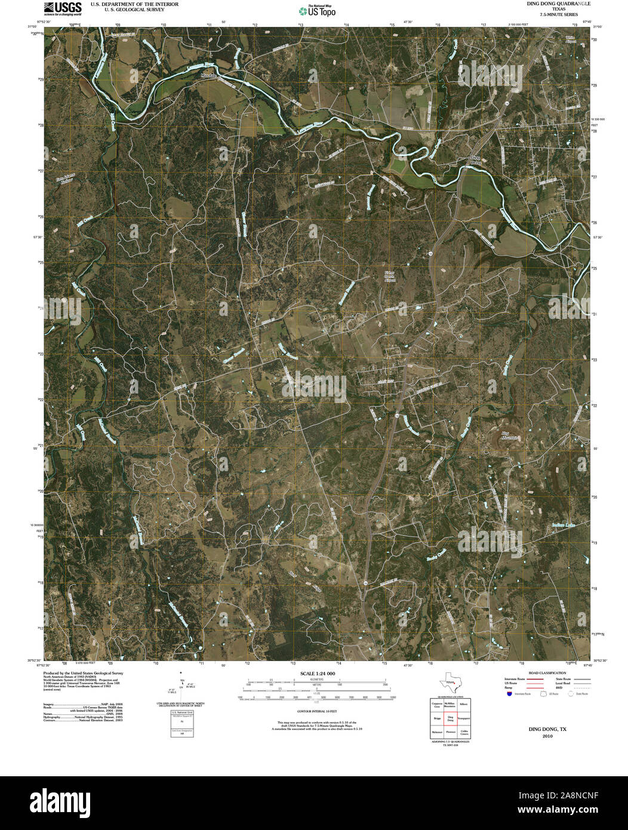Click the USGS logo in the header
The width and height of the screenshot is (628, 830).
click(x=63, y=8)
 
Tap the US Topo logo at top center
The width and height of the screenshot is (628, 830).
click(x=317, y=10)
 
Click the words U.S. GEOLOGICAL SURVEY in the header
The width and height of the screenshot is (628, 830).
click(x=127, y=9)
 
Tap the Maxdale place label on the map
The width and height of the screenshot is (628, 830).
click(x=208, y=76)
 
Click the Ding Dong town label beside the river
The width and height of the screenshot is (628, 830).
click(x=475, y=160)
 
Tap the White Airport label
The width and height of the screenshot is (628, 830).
click(x=573, y=39)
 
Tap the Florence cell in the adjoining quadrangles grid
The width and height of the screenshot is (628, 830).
click(x=451, y=731)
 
